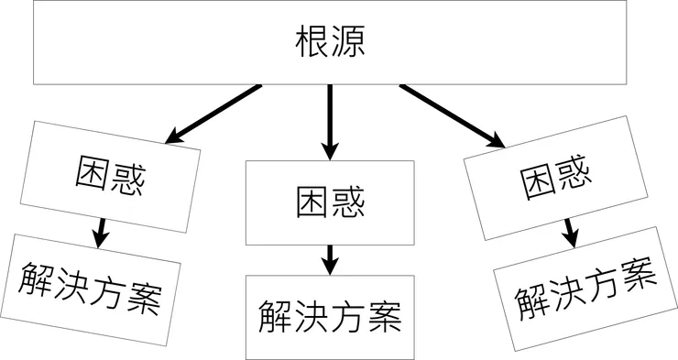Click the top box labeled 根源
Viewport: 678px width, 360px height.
pyautogui.click(x=331, y=43)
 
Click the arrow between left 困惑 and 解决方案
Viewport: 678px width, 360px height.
pyautogui.click(x=102, y=230)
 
